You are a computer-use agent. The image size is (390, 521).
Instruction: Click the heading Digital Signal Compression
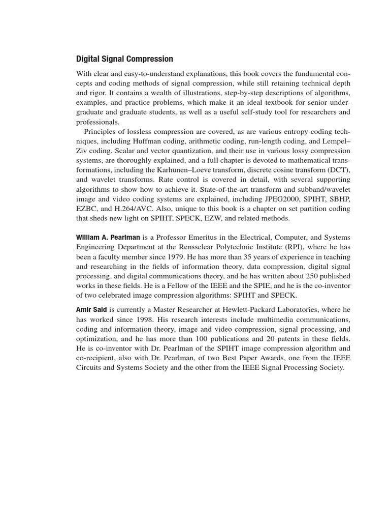pyautogui.click(x=124, y=59)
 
